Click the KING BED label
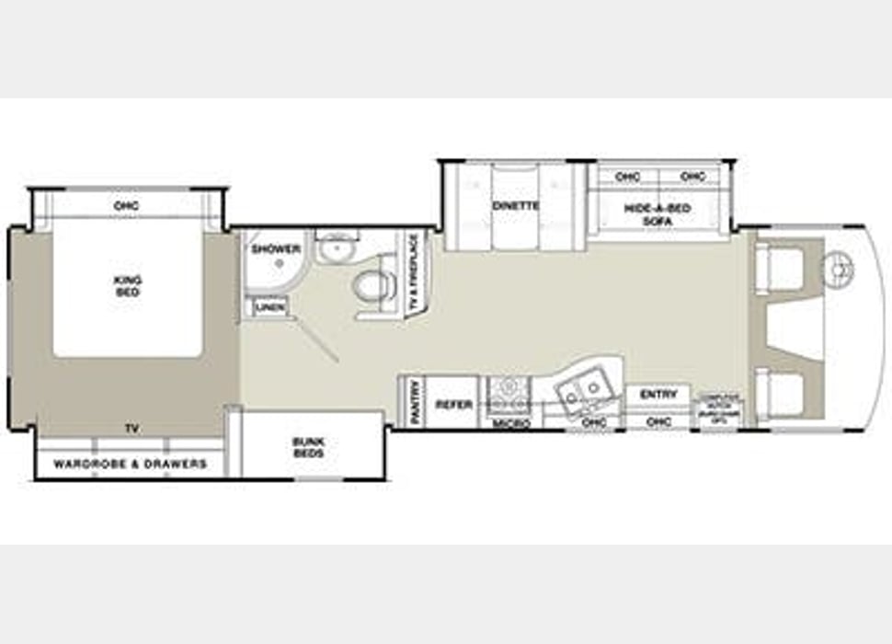tap(127, 285)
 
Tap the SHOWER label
tap(276, 249)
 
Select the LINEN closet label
tap(270, 307)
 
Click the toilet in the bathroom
tap(373, 287)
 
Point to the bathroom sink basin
tap(337, 247)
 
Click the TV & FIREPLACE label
tap(414, 272)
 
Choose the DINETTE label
tap(515, 206)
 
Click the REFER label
tap(454, 405)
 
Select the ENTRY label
tap(658, 395)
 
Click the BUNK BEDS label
tap(309, 447)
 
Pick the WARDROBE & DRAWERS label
tap(130, 465)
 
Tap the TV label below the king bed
tap(132, 429)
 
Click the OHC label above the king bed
tap(127, 206)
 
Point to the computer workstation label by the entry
tap(721, 405)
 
